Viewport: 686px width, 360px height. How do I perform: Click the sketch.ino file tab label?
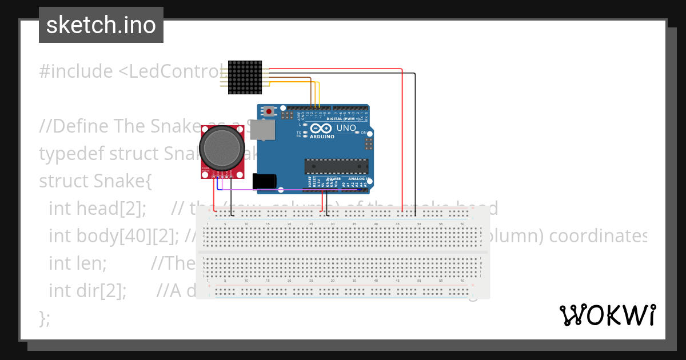(101, 25)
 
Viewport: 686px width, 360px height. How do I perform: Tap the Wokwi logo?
(607, 315)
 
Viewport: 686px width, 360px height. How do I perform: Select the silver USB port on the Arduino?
(264, 130)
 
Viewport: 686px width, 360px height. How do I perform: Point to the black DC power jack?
(265, 181)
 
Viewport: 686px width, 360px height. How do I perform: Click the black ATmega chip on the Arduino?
(336, 166)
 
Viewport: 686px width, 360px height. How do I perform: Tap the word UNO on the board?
(346, 129)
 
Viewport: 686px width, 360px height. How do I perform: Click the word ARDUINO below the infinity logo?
(322, 137)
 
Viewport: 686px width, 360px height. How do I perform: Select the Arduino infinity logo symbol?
(321, 129)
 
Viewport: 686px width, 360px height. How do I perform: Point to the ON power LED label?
(363, 133)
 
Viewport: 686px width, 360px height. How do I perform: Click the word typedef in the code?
(71, 154)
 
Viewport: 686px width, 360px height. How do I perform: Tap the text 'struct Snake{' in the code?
(95, 181)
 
